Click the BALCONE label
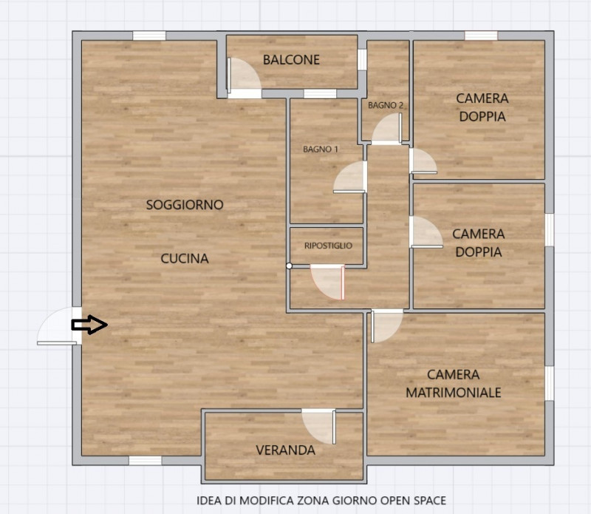point(291,60)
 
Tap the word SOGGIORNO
point(185,205)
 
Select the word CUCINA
point(185,259)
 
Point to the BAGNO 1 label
point(321,149)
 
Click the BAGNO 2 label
point(386,105)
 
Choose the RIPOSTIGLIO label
point(328,246)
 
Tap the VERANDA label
point(286,450)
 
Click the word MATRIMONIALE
point(454,393)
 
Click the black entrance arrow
point(89,325)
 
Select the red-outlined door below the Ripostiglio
point(327,283)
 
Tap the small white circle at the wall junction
point(289,266)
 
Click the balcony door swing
point(245,78)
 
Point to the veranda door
point(319,427)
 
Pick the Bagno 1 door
point(350,177)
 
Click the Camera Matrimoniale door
point(387,326)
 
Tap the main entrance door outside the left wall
point(59,326)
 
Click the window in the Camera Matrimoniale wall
point(550,383)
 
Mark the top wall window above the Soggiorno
point(149,35)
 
